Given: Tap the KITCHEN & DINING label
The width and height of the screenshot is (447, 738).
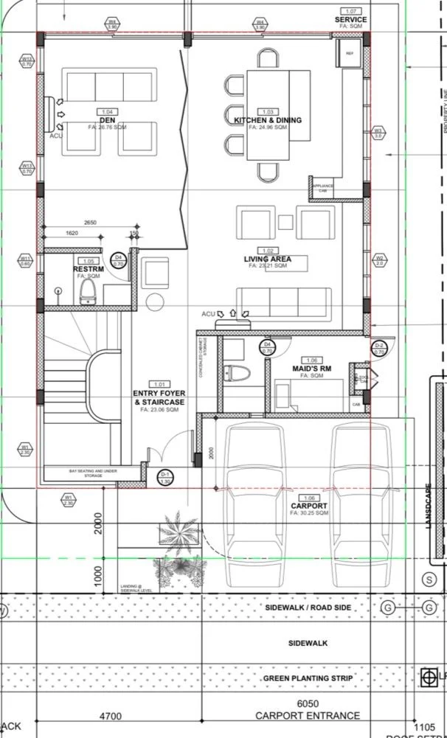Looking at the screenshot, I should point(268,120).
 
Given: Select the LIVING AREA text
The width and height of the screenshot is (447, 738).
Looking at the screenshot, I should point(268,259).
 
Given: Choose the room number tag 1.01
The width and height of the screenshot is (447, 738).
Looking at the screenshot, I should point(159,384).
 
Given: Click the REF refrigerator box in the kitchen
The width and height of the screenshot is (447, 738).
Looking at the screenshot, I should point(349,53).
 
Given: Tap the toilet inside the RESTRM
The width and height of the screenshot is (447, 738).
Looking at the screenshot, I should point(87,291).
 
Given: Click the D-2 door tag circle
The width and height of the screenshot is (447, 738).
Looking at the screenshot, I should point(380,348).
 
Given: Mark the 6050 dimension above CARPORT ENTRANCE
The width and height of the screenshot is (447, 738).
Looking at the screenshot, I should point(308,704).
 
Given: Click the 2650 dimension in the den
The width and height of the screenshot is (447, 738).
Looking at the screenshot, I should point(90,222).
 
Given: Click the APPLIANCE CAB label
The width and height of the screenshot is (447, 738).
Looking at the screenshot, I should point(323,188).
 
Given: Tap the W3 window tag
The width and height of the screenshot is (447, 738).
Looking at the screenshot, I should point(378,133).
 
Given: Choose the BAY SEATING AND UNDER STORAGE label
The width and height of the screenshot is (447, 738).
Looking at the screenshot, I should point(92,473).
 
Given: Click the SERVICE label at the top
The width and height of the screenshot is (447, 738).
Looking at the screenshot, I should point(350,19).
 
